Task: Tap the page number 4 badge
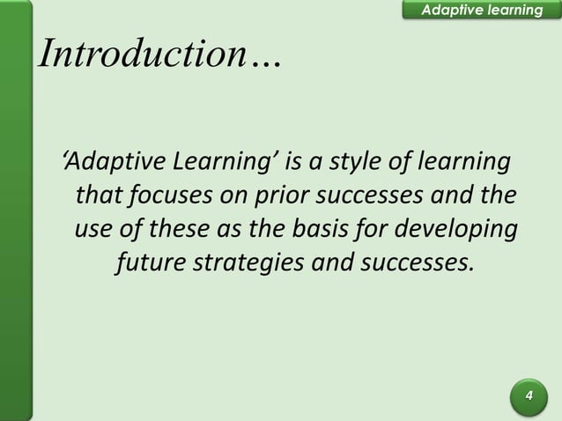[x=529, y=395]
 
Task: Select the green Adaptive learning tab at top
[x=480, y=10]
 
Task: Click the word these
[x=178, y=227]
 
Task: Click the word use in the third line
[x=93, y=227]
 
